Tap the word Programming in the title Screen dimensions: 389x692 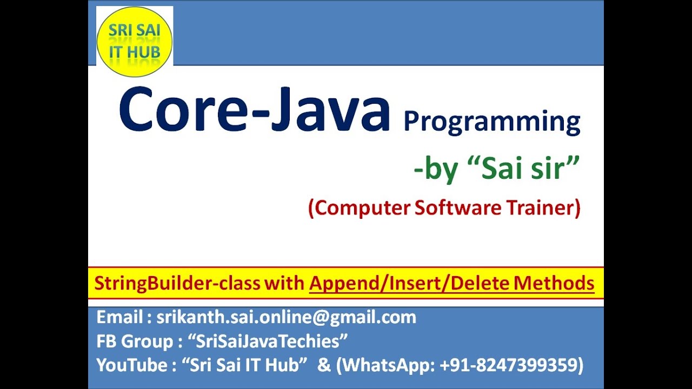click(x=491, y=122)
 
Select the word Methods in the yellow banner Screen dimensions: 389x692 click(x=554, y=283)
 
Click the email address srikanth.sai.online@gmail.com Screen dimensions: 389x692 click(x=286, y=317)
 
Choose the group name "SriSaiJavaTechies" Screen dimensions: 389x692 click(x=267, y=341)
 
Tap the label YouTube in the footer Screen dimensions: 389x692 click(x=132, y=365)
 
